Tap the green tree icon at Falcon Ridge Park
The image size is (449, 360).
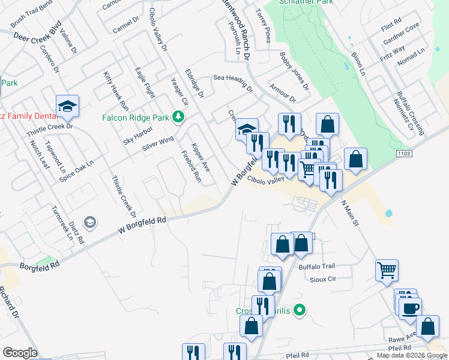click(178, 116)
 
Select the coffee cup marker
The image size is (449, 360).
click(410, 308)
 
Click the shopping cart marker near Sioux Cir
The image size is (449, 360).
click(387, 269)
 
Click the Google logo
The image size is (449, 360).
click(20, 352)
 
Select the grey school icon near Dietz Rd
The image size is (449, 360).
click(90, 223)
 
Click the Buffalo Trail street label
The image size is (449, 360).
click(319, 266)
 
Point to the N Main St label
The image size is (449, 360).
click(350, 214)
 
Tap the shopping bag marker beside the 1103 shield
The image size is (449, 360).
click(356, 160)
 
